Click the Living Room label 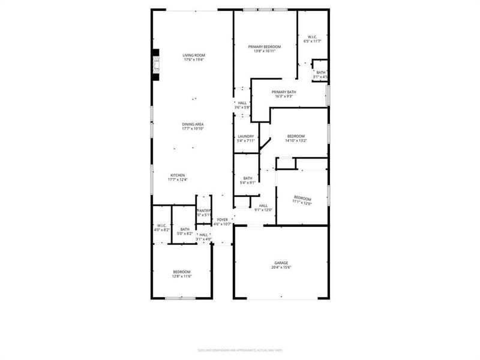pyautogui.click(x=194, y=55)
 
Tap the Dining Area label pyautogui.click(x=193, y=124)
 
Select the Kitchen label pyautogui.click(x=178, y=175)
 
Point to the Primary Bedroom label pyautogui.click(x=265, y=46)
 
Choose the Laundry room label pyautogui.click(x=246, y=136)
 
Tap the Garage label pyautogui.click(x=281, y=263)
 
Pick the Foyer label pyautogui.click(x=223, y=220)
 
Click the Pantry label pyautogui.click(x=204, y=211)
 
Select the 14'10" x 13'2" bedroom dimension pyautogui.click(x=296, y=141)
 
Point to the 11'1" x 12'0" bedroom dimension pyautogui.click(x=302, y=203)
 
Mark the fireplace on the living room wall pyautogui.click(x=156, y=65)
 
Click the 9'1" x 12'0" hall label pyautogui.click(x=263, y=209)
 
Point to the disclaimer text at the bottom pyautogui.click(x=240, y=350)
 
